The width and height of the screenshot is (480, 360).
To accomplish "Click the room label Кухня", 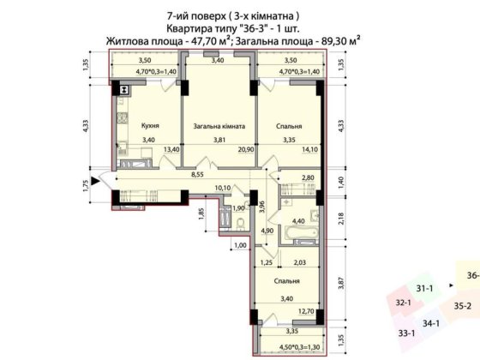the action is (150, 126).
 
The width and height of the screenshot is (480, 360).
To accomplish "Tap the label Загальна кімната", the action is (219, 126).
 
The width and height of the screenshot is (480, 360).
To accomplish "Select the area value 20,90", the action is (246, 149).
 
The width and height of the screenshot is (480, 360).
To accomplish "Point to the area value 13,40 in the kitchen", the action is (171, 149).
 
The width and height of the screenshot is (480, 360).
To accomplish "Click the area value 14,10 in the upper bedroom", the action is (310, 149).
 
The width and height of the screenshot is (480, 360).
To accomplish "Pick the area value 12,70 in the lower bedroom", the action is (306, 311).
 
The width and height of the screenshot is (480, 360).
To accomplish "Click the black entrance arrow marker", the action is (96, 181).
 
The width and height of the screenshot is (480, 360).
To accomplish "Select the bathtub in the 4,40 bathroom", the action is (301, 232).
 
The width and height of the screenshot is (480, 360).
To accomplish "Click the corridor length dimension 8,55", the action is (197, 175).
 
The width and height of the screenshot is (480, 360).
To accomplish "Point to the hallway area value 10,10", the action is (223, 188).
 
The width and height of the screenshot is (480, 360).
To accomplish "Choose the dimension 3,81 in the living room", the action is (219, 140).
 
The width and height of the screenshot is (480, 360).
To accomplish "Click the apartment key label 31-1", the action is (424, 288).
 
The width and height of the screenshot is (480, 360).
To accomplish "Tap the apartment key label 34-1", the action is (431, 323).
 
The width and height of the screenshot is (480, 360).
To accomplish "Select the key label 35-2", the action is (463, 306).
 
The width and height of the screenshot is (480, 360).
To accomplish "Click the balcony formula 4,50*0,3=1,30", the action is (300, 347).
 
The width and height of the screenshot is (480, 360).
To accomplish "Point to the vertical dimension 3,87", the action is (342, 283).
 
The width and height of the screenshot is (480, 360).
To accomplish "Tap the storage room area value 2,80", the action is (308, 178).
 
